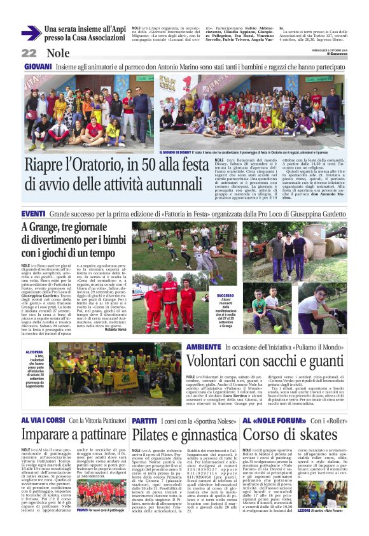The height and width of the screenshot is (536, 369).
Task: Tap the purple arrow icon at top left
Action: [31, 33]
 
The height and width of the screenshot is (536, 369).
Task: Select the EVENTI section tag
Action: [33, 213]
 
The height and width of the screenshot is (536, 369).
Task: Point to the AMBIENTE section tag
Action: [204, 348]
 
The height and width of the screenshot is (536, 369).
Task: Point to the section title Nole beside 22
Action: [58, 53]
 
